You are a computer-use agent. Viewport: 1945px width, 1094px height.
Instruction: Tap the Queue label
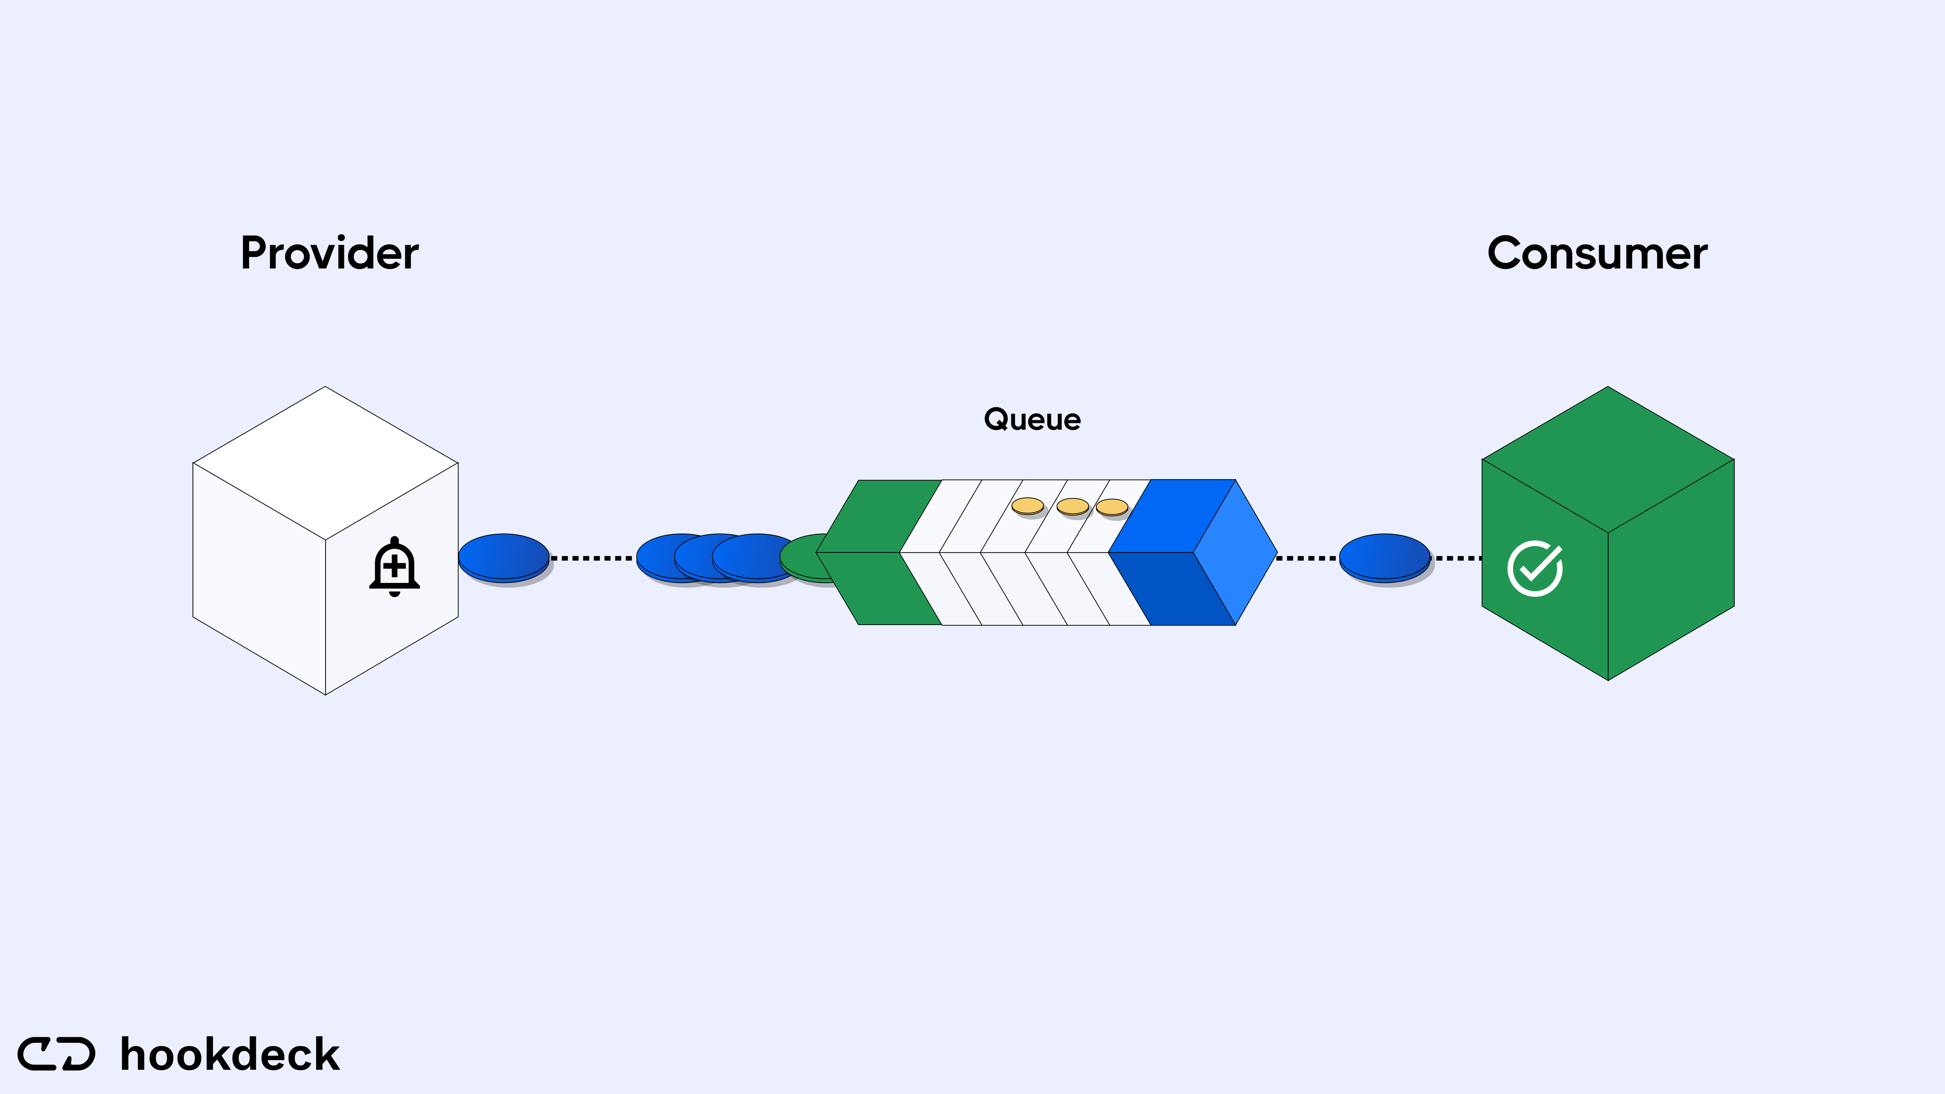pyautogui.click(x=1032, y=420)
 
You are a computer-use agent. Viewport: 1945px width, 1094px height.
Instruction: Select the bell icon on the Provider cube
pyautogui.click(x=394, y=566)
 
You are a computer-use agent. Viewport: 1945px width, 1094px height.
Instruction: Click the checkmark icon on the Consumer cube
pyautogui.click(x=1535, y=568)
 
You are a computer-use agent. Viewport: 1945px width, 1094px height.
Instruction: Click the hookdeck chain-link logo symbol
pyautogui.click(x=57, y=1054)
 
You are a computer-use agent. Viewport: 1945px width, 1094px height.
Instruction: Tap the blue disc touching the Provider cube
pyautogui.click(x=503, y=557)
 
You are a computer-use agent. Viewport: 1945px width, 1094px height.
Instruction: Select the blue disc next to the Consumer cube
pyautogui.click(x=1385, y=557)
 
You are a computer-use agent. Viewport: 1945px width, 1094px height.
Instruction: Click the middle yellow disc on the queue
pyautogui.click(x=1072, y=506)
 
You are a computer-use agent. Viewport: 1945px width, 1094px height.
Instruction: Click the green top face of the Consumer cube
pyautogui.click(x=1608, y=459)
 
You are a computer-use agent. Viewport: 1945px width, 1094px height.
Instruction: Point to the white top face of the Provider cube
pyautogui.click(x=325, y=462)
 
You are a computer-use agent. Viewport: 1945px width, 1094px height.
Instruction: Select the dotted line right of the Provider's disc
pyautogui.click(x=592, y=558)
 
